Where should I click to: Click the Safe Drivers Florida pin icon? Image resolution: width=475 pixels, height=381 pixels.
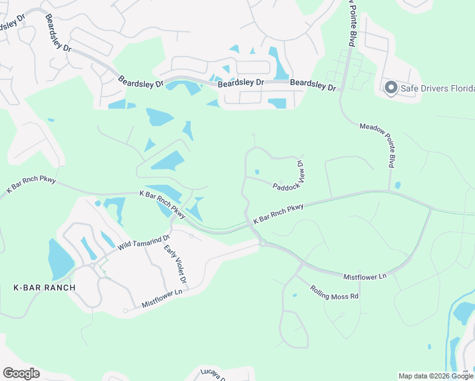pyautogui.click(x=391, y=88)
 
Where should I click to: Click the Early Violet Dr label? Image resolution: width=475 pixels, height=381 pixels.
pyautogui.click(x=175, y=264)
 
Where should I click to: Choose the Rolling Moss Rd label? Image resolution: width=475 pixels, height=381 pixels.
pyautogui.click(x=335, y=292)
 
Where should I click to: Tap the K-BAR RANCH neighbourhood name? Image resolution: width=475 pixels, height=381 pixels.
pyautogui.click(x=44, y=288)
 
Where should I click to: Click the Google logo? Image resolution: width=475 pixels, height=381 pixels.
pyautogui.click(x=21, y=373)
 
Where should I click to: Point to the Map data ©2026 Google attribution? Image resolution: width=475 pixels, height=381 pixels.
pyautogui.click(x=435, y=376)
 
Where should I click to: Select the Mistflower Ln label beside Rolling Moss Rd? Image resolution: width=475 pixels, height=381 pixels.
pyautogui.click(x=365, y=277)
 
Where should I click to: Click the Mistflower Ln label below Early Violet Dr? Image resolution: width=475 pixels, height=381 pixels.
pyautogui.click(x=162, y=298)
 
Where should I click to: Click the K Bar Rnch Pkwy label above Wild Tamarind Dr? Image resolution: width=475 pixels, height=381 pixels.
pyautogui.click(x=163, y=203)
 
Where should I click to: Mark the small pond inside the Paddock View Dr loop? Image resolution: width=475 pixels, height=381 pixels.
pyautogui.click(x=257, y=171)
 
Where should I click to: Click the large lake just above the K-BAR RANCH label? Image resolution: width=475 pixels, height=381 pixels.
pyautogui.click(x=60, y=258)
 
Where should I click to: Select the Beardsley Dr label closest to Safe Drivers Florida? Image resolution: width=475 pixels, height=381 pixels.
pyautogui.click(x=312, y=86)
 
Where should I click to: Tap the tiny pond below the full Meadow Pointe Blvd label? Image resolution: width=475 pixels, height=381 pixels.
pyautogui.click(x=398, y=185)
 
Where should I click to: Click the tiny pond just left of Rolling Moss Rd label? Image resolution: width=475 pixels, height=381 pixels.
pyautogui.click(x=294, y=295)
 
